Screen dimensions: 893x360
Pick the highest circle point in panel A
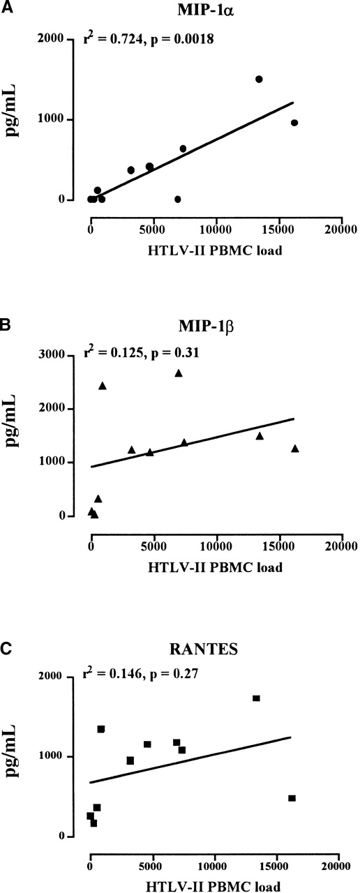[x=259, y=80]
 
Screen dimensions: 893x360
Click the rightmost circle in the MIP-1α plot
[x=294, y=123]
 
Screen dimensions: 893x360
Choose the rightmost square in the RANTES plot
[x=292, y=798]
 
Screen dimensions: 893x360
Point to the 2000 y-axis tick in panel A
[x=63, y=40]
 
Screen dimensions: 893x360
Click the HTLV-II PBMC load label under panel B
[x=215, y=567]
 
